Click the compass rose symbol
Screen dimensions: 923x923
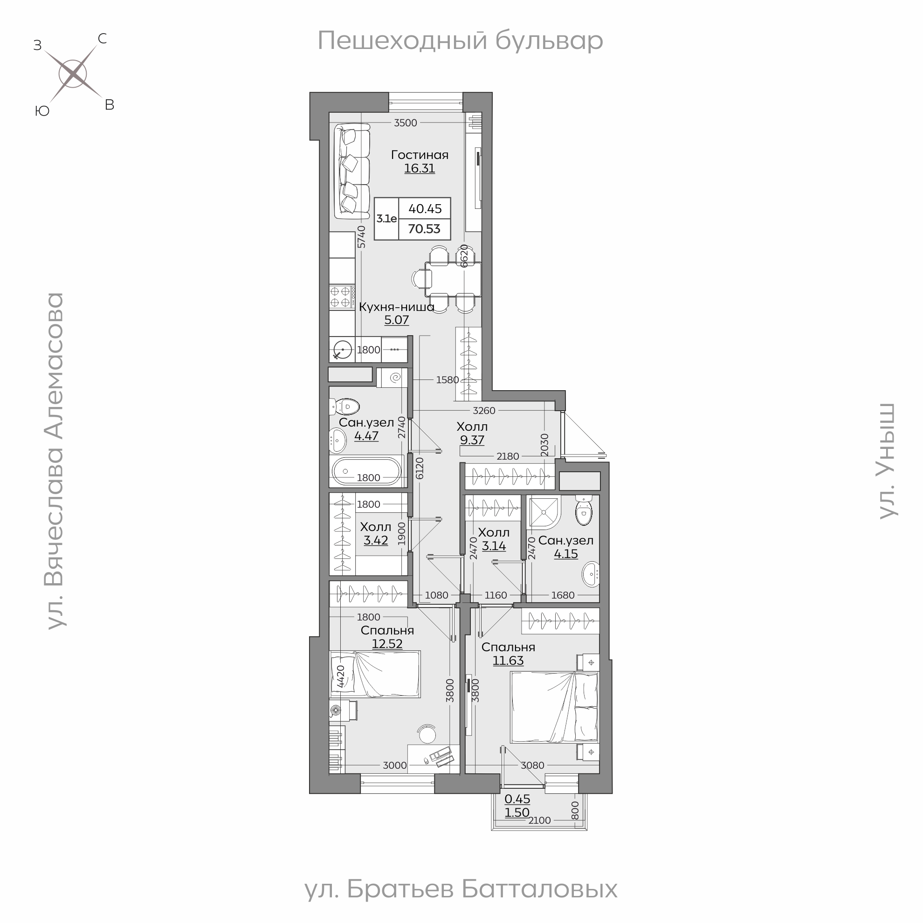[x=73, y=74]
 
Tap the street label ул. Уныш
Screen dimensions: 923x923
[x=887, y=461]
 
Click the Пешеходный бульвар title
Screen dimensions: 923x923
[x=461, y=41]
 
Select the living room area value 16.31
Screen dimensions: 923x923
[x=420, y=169]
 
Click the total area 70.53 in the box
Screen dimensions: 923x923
[x=424, y=229]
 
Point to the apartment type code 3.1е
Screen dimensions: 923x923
[x=386, y=219]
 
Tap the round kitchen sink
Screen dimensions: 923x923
[x=343, y=350]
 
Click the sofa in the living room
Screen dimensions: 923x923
[x=351, y=171]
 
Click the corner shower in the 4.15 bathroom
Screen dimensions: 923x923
[x=544, y=513]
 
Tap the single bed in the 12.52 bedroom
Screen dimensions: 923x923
[x=375, y=674]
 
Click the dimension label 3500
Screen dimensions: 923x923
[x=406, y=123]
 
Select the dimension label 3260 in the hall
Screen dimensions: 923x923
[x=484, y=410]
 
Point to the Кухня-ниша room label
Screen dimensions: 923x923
[x=397, y=307]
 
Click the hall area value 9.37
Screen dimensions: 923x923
[x=472, y=440]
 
